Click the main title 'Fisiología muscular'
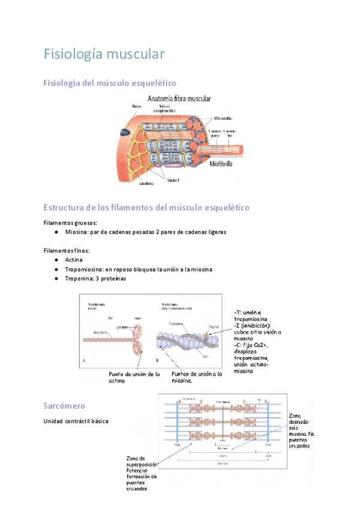pyautogui.click(x=104, y=54)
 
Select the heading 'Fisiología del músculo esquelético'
pyautogui.click(x=110, y=83)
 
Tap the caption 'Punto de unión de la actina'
pyautogui.click(x=134, y=377)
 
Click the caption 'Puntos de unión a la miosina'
pyautogui.click(x=197, y=377)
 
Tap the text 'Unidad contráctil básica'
pyautogui.click(x=76, y=421)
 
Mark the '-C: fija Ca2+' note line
pyautogui.click(x=251, y=345)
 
